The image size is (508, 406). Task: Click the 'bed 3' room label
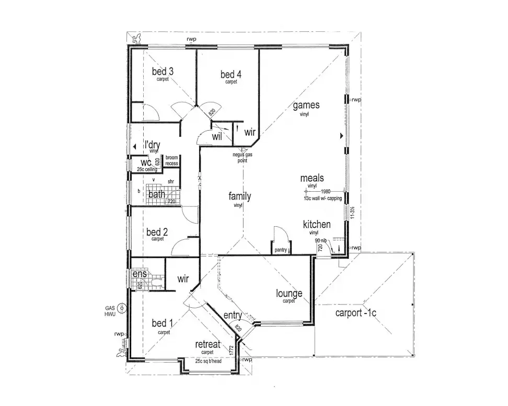pyautogui.click(x=163, y=72)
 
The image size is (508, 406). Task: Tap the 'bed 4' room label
pyautogui.click(x=231, y=75)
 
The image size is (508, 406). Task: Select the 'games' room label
pyautogui.click(x=306, y=105)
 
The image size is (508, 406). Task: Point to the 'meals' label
pyautogui.click(x=312, y=179)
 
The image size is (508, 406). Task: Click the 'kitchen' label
pyautogui.click(x=317, y=225)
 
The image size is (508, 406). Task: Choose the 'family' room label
pyautogui.click(x=239, y=196)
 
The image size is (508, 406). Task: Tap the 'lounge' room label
pyautogui.click(x=289, y=294)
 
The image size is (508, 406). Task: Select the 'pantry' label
pyautogui.click(x=281, y=250)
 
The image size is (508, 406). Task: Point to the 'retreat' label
pyautogui.click(x=207, y=344)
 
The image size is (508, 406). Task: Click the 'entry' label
pyautogui.click(x=233, y=316)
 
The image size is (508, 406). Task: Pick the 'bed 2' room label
pyautogui.click(x=157, y=232)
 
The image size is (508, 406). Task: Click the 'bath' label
pyautogui.click(x=156, y=195)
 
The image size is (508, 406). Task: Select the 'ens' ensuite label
pyautogui.click(x=139, y=274)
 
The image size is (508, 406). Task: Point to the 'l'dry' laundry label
pyautogui.click(x=152, y=145)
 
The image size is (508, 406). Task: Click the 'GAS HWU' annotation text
pyautogui.click(x=110, y=311)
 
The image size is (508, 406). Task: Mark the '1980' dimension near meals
pyautogui.click(x=326, y=191)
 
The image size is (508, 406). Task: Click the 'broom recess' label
pyautogui.click(x=172, y=160)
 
